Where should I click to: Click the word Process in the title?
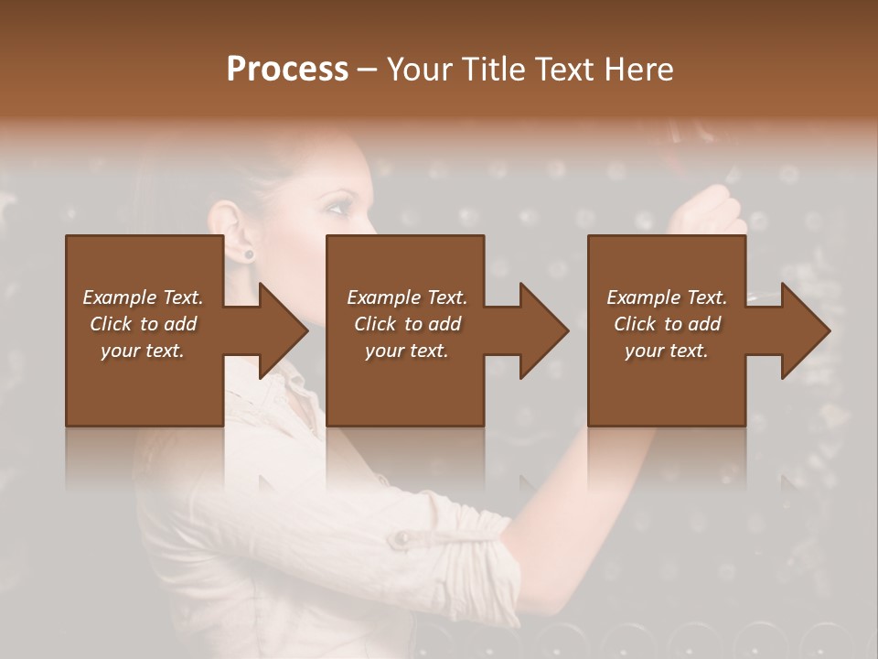pyautogui.click(x=286, y=70)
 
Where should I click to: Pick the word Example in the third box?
pyautogui.click(x=642, y=297)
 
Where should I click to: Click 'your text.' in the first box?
pyautogui.click(x=143, y=351)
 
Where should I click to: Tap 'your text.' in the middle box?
pyautogui.click(x=406, y=351)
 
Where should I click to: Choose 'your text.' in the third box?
pyautogui.click(x=666, y=351)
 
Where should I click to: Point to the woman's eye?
pyautogui.click(x=336, y=208)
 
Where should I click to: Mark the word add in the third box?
pyautogui.click(x=705, y=324)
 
